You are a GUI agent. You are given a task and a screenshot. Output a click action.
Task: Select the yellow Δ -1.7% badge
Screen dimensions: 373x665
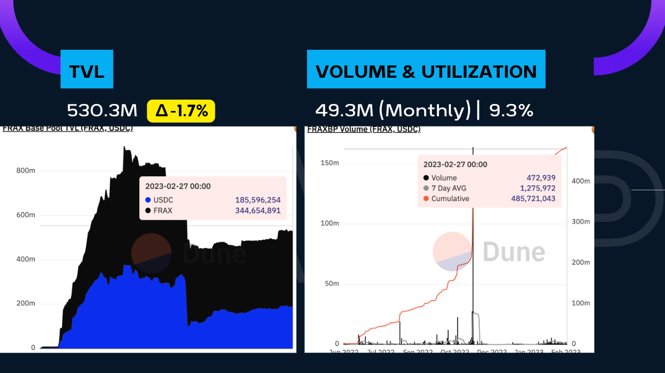click(x=181, y=110)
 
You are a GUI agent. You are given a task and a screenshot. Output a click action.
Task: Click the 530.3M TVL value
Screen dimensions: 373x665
click(x=102, y=110)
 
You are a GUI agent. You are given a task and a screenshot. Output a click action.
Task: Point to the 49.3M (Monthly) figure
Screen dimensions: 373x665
click(x=392, y=110)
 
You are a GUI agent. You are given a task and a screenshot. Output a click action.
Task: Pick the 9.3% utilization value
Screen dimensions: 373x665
click(x=511, y=110)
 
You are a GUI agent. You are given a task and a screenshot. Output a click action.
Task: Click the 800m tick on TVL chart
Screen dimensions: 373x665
click(x=25, y=171)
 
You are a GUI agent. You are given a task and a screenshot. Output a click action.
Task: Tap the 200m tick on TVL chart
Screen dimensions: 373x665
click(x=25, y=303)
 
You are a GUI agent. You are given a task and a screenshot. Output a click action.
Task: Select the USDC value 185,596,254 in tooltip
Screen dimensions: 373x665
click(x=258, y=200)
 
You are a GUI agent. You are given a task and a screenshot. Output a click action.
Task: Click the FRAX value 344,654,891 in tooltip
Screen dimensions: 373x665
click(x=258, y=211)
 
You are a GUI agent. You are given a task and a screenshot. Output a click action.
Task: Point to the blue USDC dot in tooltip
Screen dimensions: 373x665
click(x=148, y=200)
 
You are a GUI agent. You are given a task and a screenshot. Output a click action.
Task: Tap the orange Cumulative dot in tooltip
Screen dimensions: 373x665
click(x=426, y=198)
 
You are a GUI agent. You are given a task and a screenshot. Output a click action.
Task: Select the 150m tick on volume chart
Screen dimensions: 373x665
click(x=329, y=163)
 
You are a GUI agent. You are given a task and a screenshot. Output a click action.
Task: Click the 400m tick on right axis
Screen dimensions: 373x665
click(x=581, y=181)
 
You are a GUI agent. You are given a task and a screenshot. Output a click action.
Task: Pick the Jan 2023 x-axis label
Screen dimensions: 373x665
click(x=527, y=351)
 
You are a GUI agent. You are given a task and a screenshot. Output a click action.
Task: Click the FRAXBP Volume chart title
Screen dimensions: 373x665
click(x=364, y=130)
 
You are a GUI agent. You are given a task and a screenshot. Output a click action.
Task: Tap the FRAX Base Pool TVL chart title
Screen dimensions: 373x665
click(x=68, y=129)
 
